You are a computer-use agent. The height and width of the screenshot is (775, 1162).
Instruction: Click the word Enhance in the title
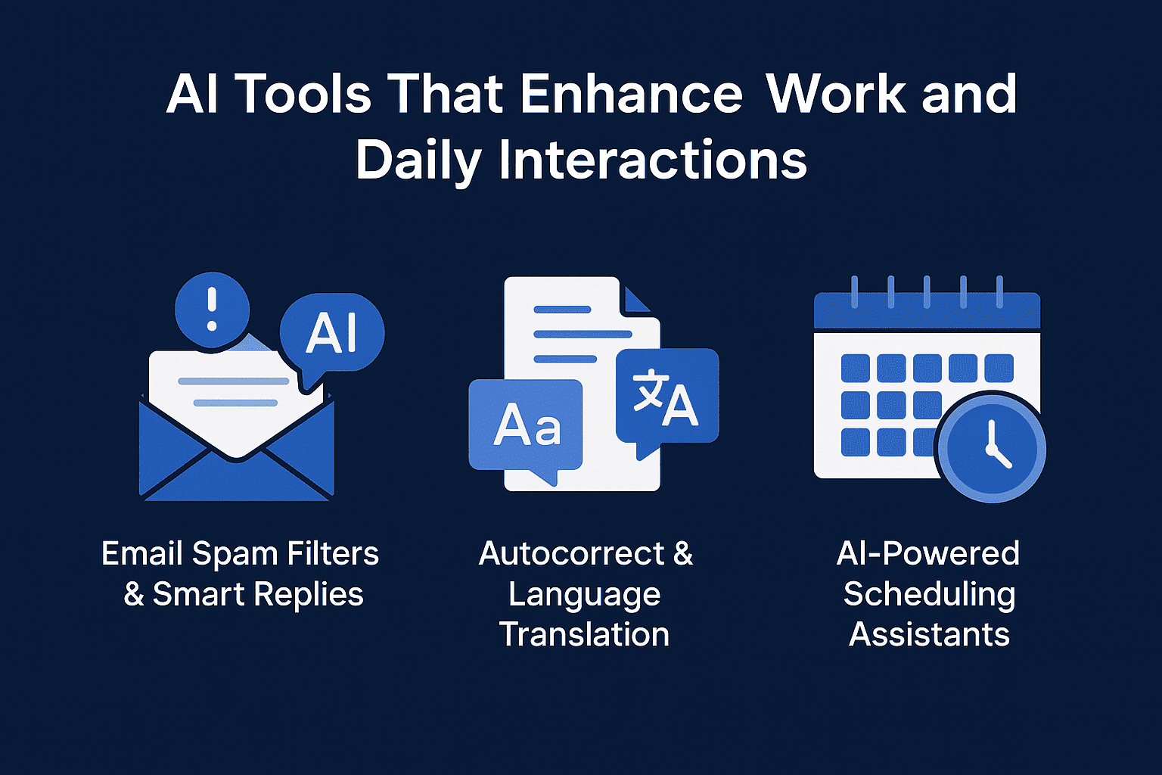[632, 93]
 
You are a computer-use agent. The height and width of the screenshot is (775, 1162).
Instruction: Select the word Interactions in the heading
[653, 160]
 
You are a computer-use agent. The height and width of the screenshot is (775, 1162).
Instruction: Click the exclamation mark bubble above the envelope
[212, 310]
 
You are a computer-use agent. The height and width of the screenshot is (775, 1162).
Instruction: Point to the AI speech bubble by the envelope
[332, 335]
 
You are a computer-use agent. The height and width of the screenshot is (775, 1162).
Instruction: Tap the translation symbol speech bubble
[667, 399]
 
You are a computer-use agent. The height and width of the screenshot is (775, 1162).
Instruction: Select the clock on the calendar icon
[991, 447]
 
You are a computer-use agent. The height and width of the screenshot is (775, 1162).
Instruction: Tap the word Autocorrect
[571, 553]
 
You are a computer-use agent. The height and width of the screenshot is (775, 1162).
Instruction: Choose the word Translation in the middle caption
[585, 634]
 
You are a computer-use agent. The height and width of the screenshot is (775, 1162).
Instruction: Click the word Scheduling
[929, 594]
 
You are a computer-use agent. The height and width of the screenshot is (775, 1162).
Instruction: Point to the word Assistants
[929, 634]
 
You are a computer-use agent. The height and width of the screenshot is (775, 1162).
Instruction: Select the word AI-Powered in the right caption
[928, 553]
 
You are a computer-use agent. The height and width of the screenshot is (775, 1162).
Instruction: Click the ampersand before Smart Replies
[134, 594]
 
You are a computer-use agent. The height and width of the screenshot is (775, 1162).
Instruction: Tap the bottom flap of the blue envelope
[237, 480]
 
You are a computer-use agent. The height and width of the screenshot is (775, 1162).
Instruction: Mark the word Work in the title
[836, 93]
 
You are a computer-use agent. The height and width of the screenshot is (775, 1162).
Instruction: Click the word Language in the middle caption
[585, 595]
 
